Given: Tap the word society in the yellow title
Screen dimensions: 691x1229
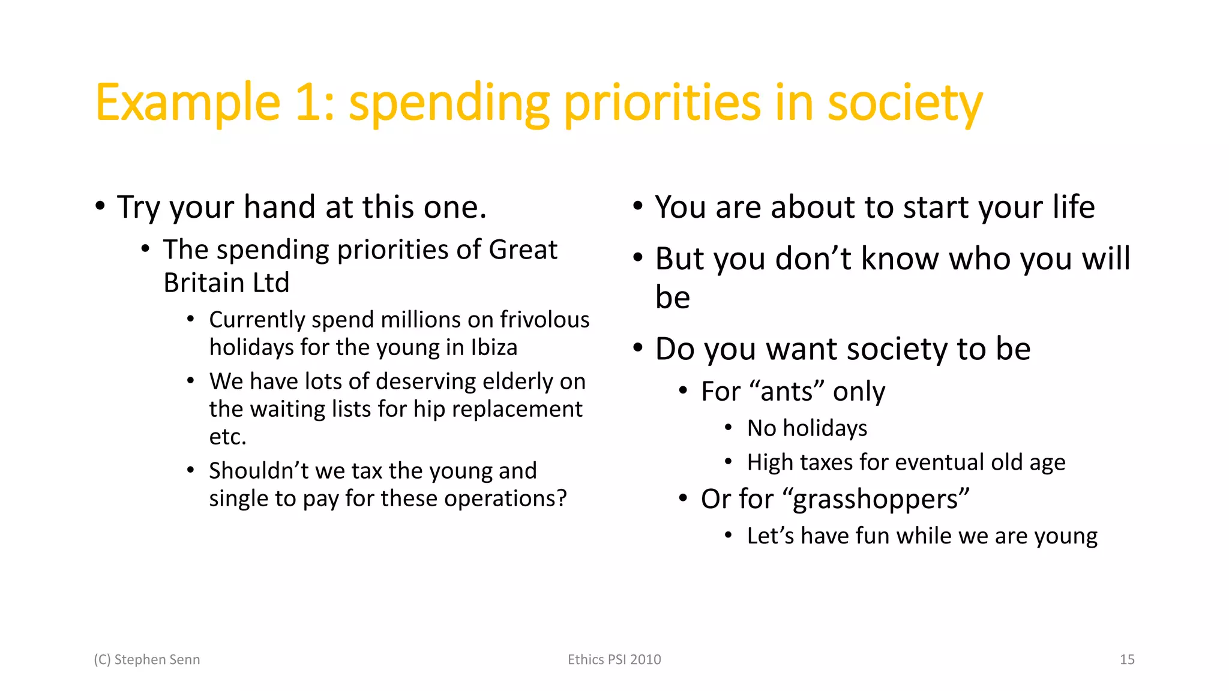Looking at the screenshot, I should coord(904,103).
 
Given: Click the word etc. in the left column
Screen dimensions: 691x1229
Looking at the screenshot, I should coord(227,437).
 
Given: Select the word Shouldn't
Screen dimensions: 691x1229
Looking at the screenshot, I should coord(258,471).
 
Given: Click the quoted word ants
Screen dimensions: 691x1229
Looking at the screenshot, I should coord(787,392).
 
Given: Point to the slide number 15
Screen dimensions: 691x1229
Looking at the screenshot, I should coord(1127,660).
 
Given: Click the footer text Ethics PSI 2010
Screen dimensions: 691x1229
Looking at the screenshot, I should coord(614,660).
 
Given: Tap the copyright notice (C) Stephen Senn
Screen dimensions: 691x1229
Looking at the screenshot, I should coord(147,660).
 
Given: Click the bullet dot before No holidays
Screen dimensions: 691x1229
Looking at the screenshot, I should coord(728,427).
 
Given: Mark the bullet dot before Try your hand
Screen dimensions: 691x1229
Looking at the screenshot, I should coord(100,206).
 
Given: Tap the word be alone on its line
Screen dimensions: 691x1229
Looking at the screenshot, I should coord(673,298).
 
